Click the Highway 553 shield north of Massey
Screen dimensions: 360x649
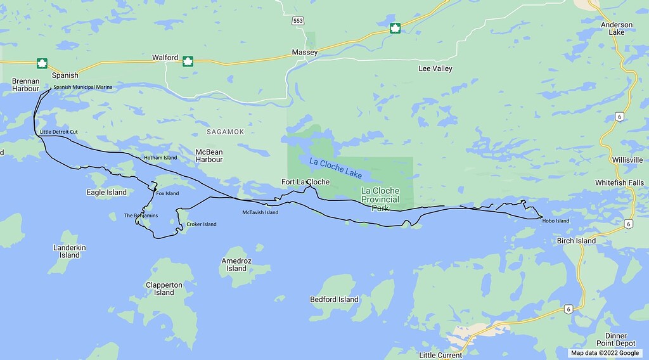pos(298,21)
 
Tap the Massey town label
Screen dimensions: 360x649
pos(304,52)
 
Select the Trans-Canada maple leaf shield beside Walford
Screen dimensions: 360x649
pos(188,61)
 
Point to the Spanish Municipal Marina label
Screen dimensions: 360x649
pos(82,87)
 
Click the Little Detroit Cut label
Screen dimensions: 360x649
pos(58,132)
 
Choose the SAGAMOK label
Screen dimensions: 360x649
pos(225,131)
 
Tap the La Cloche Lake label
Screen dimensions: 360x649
pos(335,167)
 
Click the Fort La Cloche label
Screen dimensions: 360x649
pos(305,183)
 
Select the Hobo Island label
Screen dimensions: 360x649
pos(556,221)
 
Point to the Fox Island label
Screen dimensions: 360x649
pos(167,193)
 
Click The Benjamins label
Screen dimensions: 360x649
pos(141,215)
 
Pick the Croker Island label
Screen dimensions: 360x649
pos(202,224)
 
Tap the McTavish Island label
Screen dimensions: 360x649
pos(260,212)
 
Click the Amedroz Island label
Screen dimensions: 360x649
pos(236,264)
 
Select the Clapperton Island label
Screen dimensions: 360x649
pos(164,288)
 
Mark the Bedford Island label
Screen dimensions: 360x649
pos(334,299)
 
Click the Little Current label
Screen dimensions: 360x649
pos(441,355)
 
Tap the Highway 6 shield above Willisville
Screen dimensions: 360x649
pos(619,116)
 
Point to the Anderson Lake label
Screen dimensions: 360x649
pos(617,29)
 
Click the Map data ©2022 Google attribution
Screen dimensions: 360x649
pos(605,353)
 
